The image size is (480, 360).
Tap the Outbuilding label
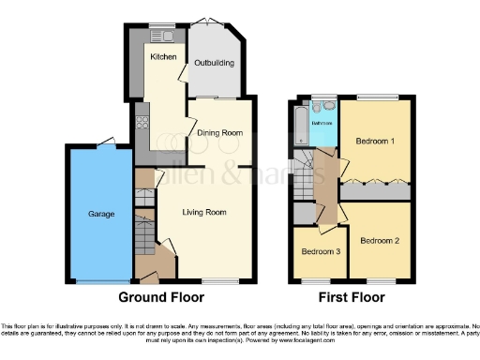pyautogui.click(x=215, y=64)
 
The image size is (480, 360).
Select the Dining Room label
pyautogui.click(x=219, y=133)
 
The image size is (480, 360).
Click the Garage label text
pyautogui.click(x=101, y=215)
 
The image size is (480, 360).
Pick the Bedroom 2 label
pyautogui.click(x=380, y=240)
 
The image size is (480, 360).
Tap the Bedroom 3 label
pyautogui.click(x=321, y=251)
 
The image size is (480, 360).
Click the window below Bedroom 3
pyautogui.click(x=320, y=281)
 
